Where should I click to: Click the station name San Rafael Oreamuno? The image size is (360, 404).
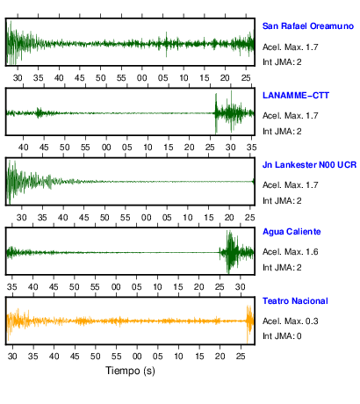[x=308, y=26]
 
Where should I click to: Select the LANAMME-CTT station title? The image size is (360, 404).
[x=296, y=96]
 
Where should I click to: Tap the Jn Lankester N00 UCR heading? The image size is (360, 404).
[x=309, y=165]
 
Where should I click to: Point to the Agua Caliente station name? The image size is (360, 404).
[x=292, y=232]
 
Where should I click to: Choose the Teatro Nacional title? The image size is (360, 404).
[x=295, y=301]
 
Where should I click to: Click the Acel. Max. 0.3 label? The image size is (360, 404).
[x=290, y=321]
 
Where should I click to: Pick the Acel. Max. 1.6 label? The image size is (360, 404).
[x=290, y=252]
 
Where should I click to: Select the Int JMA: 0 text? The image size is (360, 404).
[x=282, y=336]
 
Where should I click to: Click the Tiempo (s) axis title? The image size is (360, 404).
[x=130, y=371]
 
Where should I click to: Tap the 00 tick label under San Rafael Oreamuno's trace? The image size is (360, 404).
[x=142, y=78]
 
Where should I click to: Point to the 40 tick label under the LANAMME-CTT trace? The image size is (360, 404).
[x=24, y=148]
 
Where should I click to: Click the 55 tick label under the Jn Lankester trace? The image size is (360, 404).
[x=126, y=218]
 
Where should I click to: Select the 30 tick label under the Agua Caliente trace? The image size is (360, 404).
[x=240, y=287]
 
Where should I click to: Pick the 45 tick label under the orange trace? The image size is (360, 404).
[x=75, y=357]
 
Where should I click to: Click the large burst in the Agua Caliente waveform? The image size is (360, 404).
[x=231, y=252]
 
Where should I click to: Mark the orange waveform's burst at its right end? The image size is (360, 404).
[x=249, y=322]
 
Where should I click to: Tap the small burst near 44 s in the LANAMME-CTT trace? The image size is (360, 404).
[x=39, y=112]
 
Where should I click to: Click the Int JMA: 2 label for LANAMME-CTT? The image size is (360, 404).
[x=282, y=132]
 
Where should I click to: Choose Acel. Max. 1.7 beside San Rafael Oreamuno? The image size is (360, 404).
[x=290, y=47]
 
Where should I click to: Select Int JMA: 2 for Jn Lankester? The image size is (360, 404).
[x=282, y=201]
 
